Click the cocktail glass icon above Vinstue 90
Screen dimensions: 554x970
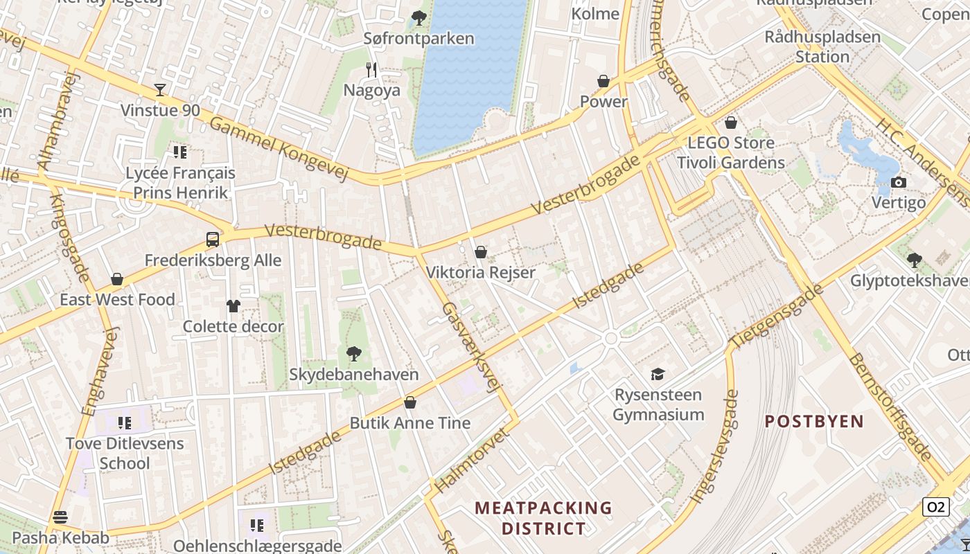pos(160,90)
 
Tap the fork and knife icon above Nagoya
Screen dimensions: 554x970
pos(371,69)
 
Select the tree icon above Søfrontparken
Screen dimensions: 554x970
pos(418,17)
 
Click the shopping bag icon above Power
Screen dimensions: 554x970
pos(603,81)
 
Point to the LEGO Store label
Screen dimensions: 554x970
pos(730,143)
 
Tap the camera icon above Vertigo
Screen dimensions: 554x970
pos(899,183)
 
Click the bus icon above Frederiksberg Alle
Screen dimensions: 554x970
pos(213,240)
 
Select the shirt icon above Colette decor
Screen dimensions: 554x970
pos(233,305)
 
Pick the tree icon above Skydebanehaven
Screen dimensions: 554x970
pos(354,354)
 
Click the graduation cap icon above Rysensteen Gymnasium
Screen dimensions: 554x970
pos(658,374)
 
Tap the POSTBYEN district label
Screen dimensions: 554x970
pos(814,421)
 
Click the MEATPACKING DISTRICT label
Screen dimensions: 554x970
pos(543,518)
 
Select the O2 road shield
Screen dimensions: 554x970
pos(935,507)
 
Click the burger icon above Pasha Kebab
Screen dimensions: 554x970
pos(60,517)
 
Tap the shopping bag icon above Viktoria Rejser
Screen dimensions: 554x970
pos(481,252)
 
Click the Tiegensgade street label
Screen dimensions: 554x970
pos(777,315)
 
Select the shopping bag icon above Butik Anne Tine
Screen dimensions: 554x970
pos(410,402)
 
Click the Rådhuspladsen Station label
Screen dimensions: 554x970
pos(822,46)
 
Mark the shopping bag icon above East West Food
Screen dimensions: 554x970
pos(117,279)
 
